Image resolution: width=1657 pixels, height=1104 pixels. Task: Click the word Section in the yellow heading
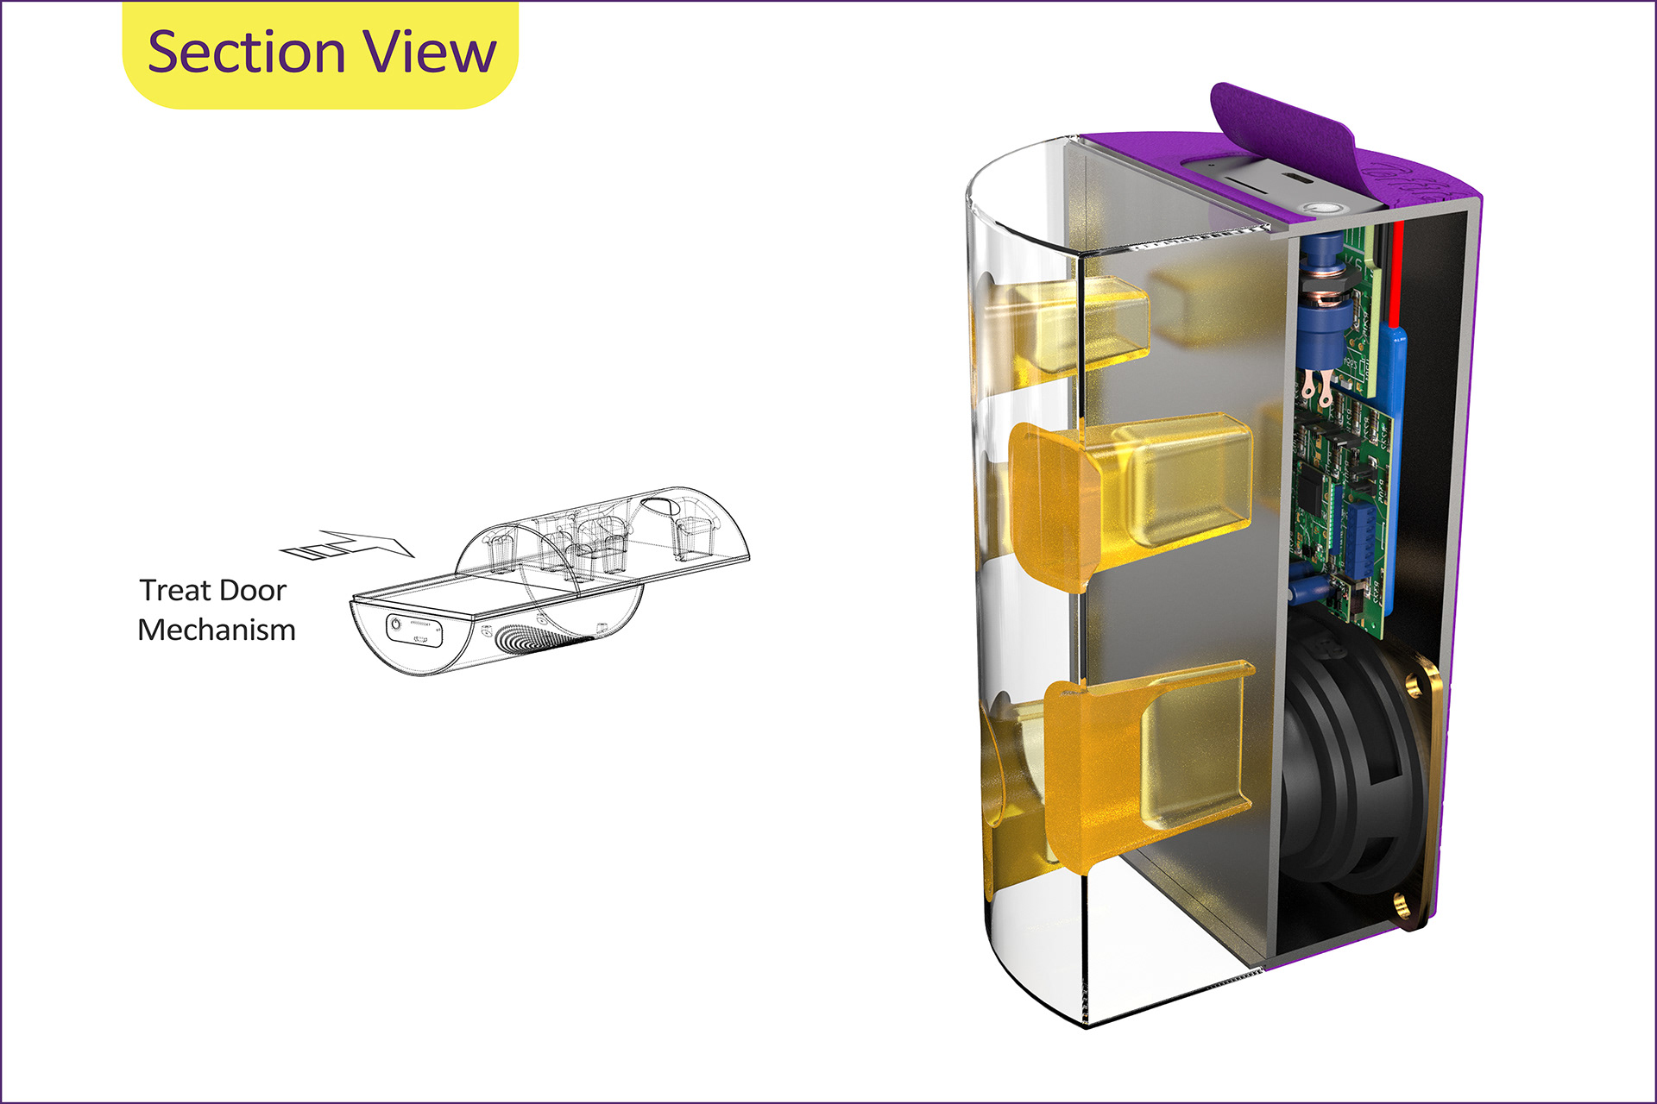coord(246,52)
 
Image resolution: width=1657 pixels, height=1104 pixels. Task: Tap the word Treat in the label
coord(175,590)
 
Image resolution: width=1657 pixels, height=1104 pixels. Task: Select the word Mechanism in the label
coord(217,630)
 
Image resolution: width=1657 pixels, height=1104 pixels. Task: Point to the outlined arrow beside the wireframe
coord(348,544)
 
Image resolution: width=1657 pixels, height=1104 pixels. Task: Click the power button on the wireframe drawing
coord(396,623)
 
